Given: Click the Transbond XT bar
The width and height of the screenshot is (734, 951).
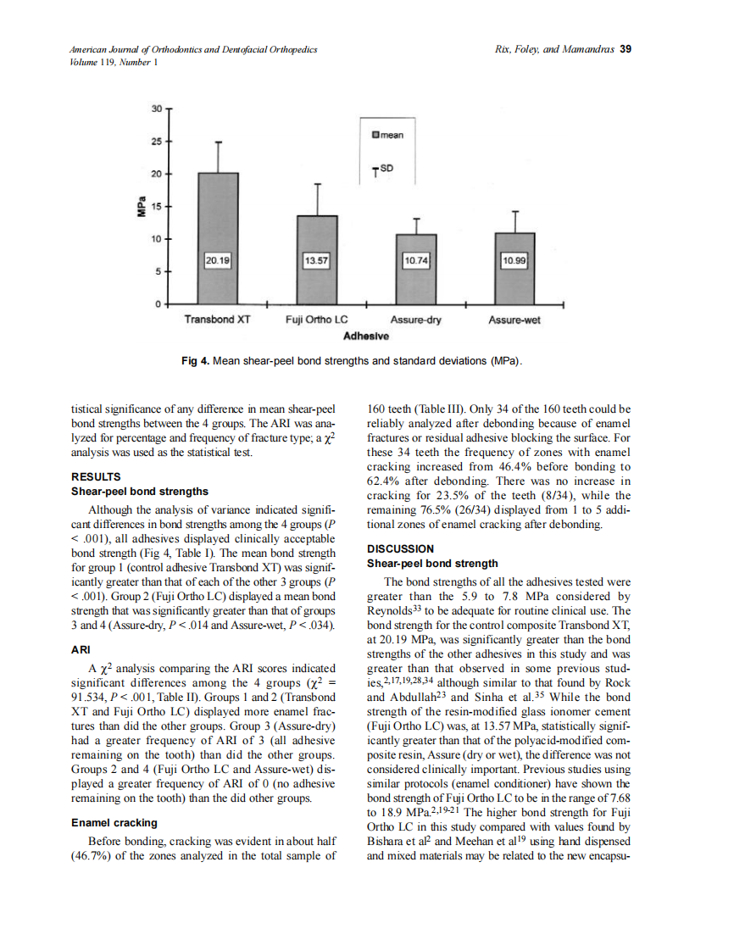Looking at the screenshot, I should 218,237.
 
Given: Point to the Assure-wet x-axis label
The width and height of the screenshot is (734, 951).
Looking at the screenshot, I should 514,321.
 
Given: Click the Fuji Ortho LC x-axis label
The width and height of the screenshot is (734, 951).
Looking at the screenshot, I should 315,321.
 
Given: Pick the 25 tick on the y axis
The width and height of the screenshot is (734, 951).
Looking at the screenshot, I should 156,141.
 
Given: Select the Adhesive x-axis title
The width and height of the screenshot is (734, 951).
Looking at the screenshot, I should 366,336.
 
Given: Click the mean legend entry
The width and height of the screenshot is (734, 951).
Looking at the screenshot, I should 388,133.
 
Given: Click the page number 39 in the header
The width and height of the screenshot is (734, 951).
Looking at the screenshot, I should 626,48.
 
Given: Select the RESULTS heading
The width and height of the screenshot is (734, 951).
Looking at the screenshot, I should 97,476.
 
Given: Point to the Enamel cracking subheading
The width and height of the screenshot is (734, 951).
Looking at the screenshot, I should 114,822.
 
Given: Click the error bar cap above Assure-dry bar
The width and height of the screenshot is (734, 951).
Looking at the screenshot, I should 417,218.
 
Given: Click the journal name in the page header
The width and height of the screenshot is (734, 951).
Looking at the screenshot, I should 193,49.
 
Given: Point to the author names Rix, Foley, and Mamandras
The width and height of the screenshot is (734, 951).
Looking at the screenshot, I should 555,48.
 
